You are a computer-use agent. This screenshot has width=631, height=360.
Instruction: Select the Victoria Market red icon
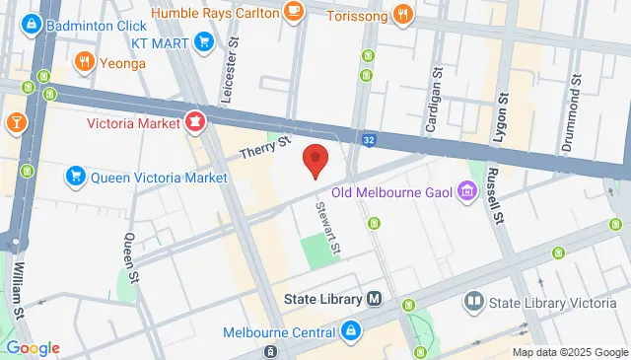click(x=195, y=123)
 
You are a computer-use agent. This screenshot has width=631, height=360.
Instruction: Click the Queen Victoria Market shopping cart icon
click(x=74, y=178)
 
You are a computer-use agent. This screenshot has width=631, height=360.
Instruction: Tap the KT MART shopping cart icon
click(x=204, y=40)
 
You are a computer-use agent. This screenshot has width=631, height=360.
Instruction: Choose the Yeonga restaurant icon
click(x=85, y=63)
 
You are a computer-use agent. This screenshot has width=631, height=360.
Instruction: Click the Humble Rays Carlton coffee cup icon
click(x=293, y=11)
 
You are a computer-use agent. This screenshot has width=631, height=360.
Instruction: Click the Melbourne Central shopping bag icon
click(x=350, y=331)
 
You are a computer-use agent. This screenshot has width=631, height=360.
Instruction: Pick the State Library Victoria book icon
click(x=474, y=300)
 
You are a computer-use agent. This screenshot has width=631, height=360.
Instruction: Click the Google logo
click(x=33, y=348)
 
